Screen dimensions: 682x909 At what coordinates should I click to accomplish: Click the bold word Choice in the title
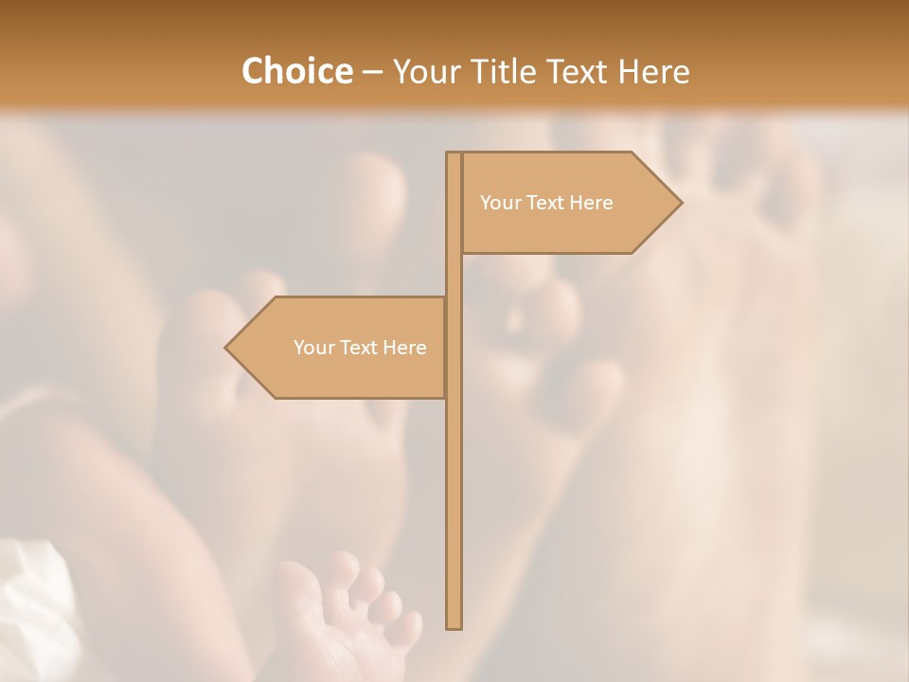pos(295,71)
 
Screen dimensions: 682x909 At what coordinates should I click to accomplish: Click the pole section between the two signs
pos(454,275)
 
